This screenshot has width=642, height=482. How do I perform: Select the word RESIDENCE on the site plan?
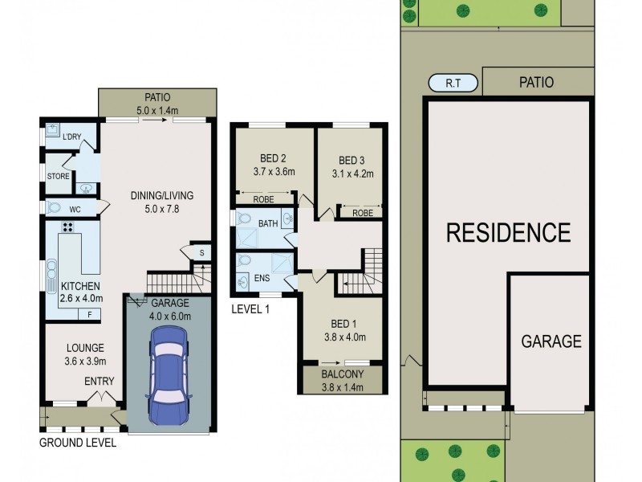click(508, 233)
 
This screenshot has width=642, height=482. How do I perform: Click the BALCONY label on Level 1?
click(343, 374)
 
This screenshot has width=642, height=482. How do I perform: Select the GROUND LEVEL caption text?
click(78, 443)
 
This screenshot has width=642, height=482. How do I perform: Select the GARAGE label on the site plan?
click(551, 341)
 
